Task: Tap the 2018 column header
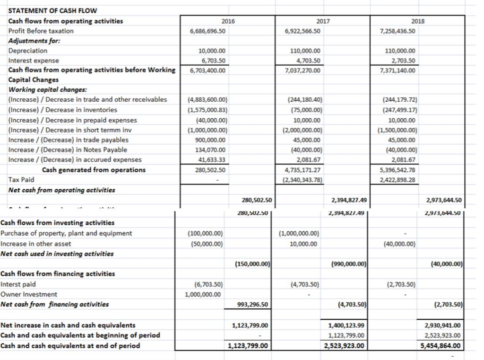(418, 21)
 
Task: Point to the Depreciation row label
(28, 51)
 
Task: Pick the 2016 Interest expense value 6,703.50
(214, 61)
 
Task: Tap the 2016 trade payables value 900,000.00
(211, 140)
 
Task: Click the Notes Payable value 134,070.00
(211, 149)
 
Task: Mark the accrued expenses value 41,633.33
(212, 159)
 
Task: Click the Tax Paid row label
(21, 180)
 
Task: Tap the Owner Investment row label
(29, 294)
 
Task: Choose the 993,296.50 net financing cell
(251, 305)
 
